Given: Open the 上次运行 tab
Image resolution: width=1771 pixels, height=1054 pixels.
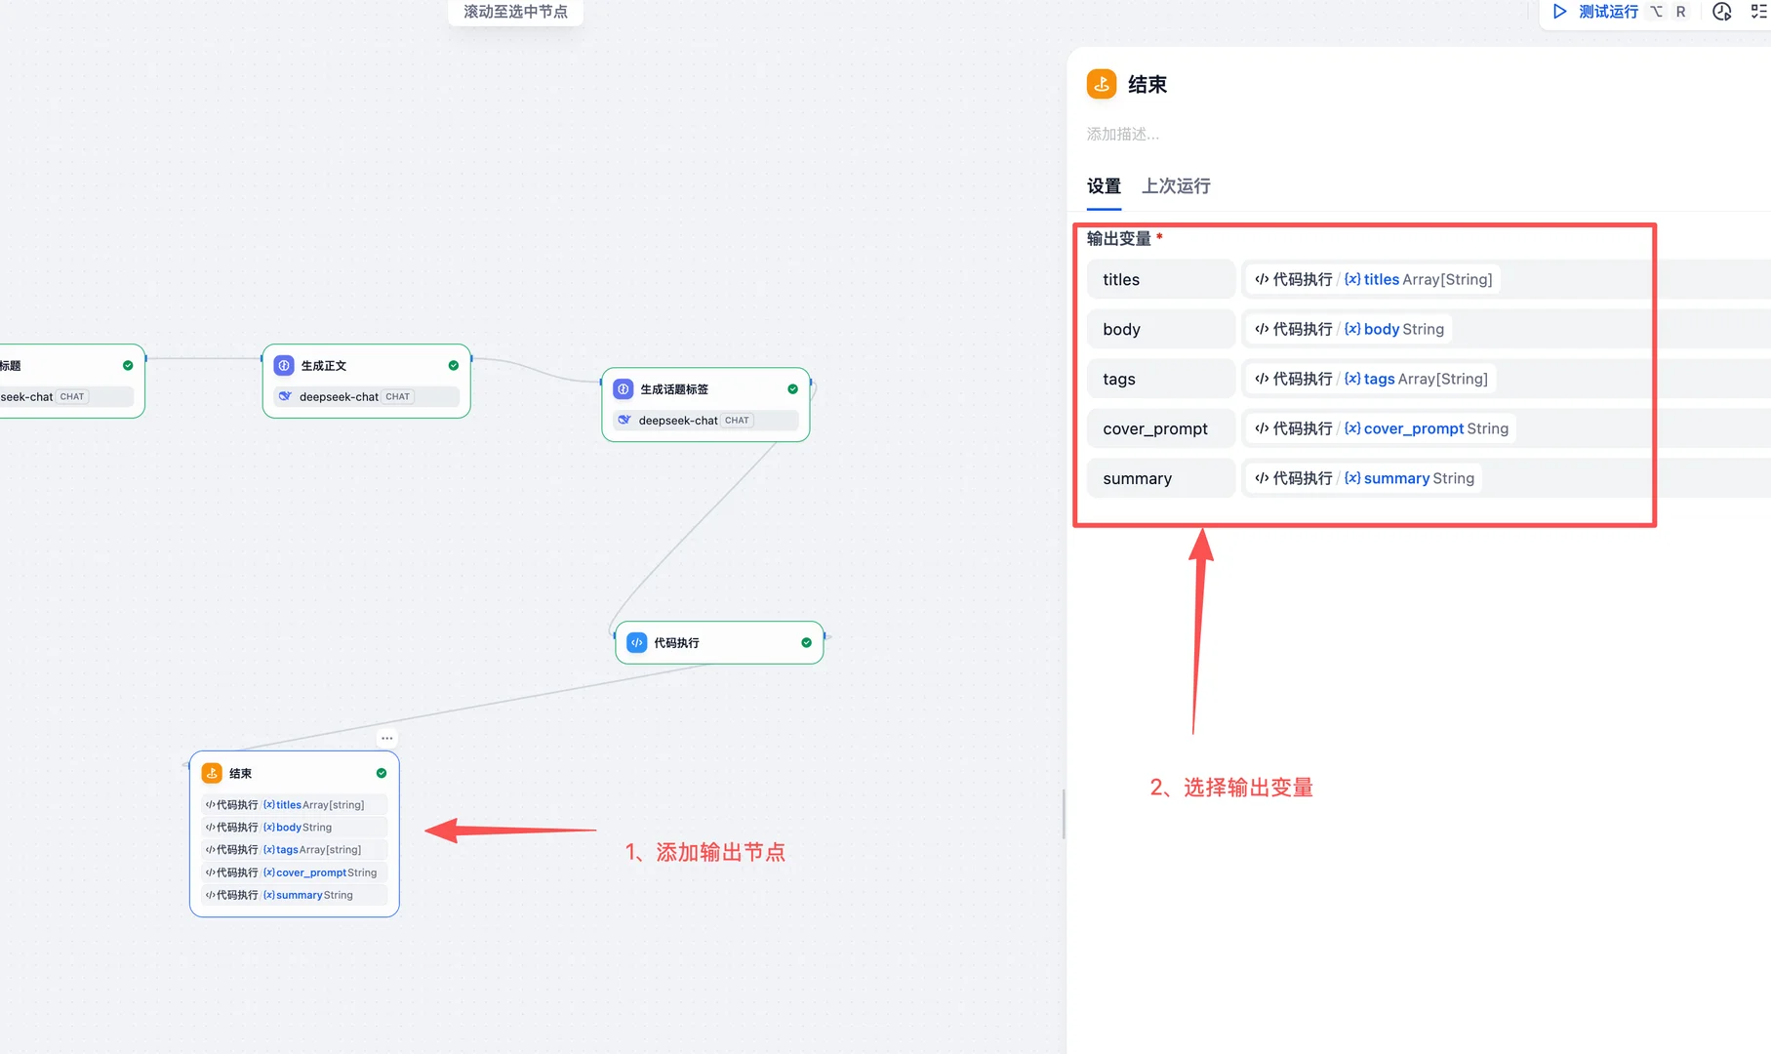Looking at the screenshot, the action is point(1176,185).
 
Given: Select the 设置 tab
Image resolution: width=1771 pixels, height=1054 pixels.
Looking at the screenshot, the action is point(1104,185).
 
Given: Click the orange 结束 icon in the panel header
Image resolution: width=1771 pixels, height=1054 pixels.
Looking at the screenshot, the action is point(1102,84).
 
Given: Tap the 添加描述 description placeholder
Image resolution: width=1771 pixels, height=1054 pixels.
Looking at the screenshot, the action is point(1123,134).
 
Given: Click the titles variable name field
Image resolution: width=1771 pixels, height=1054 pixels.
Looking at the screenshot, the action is point(1161,279).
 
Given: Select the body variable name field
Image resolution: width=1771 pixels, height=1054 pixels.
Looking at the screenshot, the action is point(1161,329).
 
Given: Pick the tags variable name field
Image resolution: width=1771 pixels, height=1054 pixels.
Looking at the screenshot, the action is point(1161,379).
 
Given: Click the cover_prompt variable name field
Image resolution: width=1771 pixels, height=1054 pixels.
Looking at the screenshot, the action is point(1161,428).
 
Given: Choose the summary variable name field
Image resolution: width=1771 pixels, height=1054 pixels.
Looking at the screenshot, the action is point(1161,478).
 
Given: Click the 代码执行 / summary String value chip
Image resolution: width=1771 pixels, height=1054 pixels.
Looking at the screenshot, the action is point(1364,478).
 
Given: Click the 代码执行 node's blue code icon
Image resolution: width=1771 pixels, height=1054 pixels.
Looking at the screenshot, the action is point(637,642).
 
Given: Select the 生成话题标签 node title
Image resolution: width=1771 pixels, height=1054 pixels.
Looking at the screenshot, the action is point(674,389).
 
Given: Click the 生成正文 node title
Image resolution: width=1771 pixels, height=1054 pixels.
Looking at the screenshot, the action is point(324,366).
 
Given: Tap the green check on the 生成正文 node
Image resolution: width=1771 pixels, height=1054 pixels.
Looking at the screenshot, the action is point(454,366).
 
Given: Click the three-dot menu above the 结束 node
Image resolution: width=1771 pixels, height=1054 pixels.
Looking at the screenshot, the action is point(387,738).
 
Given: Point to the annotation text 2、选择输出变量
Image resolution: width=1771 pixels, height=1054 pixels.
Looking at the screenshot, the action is point(1231,788).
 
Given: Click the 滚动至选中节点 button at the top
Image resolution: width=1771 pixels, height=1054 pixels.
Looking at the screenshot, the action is point(515,12).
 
